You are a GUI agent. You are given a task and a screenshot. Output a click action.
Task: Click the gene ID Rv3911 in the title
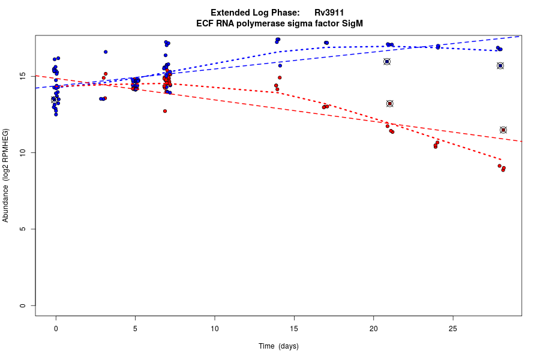pos(329,13)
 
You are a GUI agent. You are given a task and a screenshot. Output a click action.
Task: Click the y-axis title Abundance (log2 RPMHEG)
pos(6,175)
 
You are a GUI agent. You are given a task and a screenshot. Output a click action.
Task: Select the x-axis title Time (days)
pos(278,346)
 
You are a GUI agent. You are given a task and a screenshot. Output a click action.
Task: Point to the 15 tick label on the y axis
pos(22,76)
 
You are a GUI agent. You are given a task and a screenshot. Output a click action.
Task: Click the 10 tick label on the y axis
pos(22,153)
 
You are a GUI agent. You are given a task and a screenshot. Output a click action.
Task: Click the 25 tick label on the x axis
pos(452,328)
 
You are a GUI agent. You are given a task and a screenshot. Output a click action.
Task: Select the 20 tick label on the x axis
pos(373,328)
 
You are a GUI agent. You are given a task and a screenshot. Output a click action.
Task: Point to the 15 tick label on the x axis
pos(294,328)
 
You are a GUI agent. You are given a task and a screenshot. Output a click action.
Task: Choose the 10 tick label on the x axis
pos(214,328)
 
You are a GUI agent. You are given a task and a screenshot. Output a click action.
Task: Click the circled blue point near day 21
pos(387,61)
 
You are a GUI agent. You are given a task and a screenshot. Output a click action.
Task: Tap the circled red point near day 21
pos(389,103)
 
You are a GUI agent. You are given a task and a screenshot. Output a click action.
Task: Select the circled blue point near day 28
pos(500,65)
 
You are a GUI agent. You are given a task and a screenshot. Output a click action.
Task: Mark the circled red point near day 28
pos(503,130)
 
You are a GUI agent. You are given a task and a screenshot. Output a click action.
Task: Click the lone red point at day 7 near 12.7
pos(164,111)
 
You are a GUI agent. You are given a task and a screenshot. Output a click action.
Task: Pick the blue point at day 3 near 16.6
pos(106,52)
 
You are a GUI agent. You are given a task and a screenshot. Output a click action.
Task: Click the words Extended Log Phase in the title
pos(255,13)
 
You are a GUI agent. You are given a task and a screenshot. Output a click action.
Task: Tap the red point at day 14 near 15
pos(280,77)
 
